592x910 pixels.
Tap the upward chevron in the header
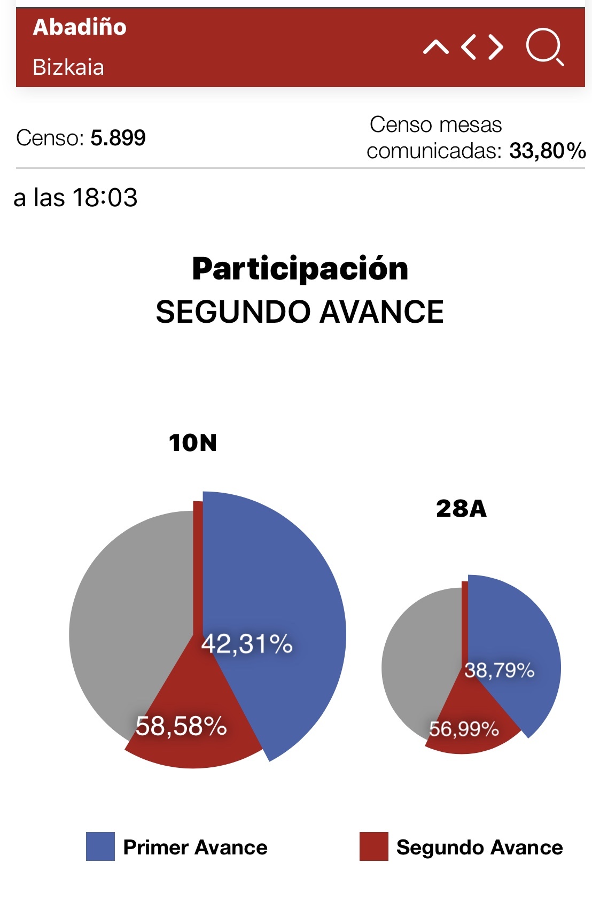coord(435,48)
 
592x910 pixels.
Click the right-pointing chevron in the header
coord(496,47)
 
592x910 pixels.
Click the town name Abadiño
coord(80,27)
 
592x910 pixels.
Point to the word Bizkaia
coord(68,67)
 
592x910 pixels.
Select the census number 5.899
coord(118,138)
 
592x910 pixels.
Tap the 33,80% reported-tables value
coord(547,151)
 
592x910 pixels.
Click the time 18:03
coord(105,198)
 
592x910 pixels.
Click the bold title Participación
coord(300,268)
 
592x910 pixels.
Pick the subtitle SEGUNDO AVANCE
coord(300,312)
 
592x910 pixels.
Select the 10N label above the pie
coord(193,443)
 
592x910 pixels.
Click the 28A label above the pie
coord(461,509)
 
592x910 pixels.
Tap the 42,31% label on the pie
coord(247,644)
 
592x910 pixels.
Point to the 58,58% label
coord(181,726)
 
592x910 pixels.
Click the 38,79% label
coord(499,670)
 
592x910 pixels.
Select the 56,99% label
coord(464,729)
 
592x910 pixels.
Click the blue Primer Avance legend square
coord(100,846)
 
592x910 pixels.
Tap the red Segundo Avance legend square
coord(373,846)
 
